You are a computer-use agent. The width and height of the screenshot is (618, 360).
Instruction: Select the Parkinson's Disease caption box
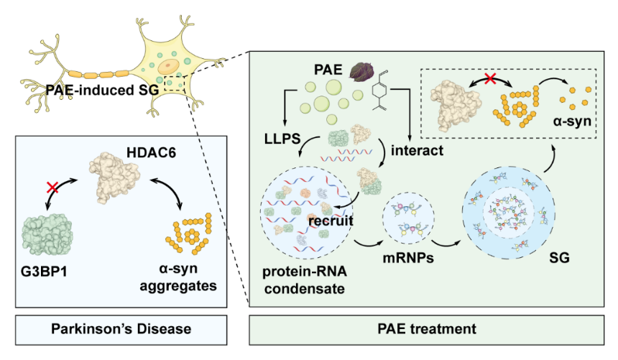point(121,329)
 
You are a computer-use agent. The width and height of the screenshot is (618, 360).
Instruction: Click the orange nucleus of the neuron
point(170,67)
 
